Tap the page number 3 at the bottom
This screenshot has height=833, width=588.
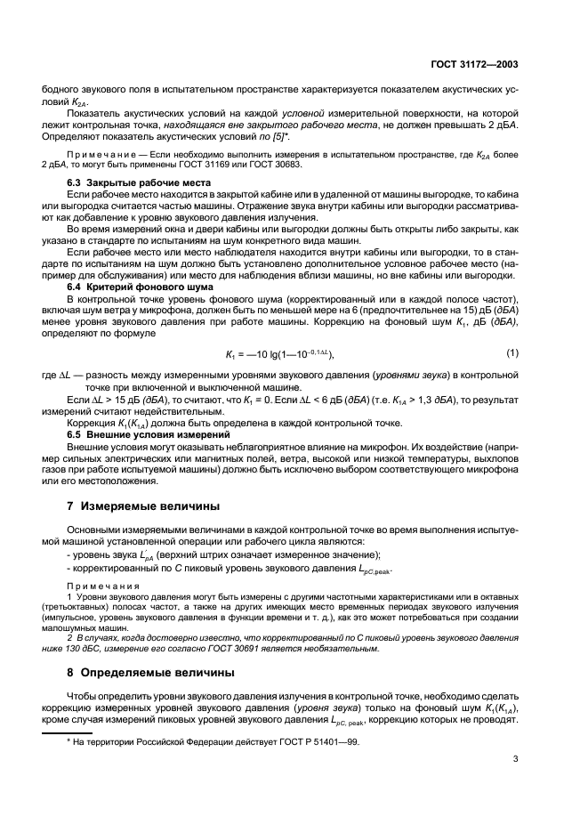pos(516,759)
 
